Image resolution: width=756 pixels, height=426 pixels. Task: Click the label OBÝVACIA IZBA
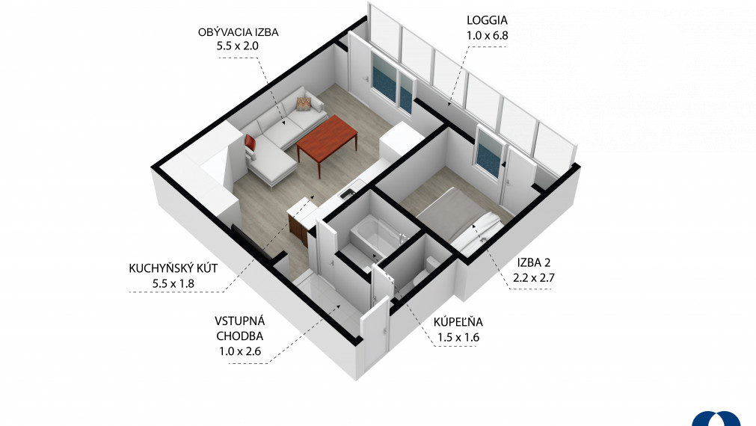tap(239, 32)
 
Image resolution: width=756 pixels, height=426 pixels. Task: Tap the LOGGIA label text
tap(487, 20)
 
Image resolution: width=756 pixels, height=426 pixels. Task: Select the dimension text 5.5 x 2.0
tap(238, 46)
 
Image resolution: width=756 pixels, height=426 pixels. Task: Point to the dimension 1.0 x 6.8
tap(487, 35)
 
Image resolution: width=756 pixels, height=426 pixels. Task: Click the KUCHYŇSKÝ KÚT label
tap(173, 268)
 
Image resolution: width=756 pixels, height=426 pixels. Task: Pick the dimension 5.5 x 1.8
tap(173, 283)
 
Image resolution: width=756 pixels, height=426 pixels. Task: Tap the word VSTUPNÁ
tap(239, 321)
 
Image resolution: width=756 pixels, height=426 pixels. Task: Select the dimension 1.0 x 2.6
tap(239, 351)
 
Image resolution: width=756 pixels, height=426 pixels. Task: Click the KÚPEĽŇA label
tap(458, 322)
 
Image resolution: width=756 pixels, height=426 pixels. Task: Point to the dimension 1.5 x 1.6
tap(458, 337)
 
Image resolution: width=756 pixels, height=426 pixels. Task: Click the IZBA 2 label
tap(534, 262)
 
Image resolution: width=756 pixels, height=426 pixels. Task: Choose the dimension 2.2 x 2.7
tap(534, 277)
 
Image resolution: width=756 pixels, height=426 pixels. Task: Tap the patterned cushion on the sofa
tap(304, 104)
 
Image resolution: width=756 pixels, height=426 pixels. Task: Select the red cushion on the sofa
tap(250, 142)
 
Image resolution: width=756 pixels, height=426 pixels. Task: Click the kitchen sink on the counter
tap(347, 194)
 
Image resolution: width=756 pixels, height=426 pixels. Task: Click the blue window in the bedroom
tap(489, 153)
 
